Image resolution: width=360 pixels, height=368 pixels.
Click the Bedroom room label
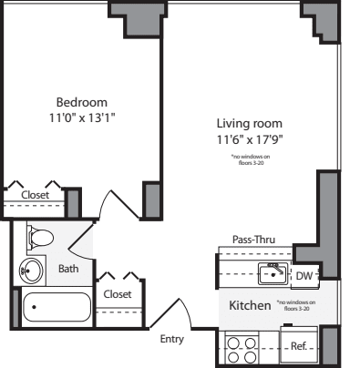click(x=82, y=101)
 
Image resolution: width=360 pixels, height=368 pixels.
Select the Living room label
click(x=249, y=123)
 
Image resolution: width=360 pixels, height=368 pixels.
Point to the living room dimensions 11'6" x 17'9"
click(x=249, y=139)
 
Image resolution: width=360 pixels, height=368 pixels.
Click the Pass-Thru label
click(x=253, y=240)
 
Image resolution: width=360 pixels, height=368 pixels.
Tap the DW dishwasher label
click(x=303, y=274)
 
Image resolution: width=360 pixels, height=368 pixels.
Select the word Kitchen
click(x=250, y=305)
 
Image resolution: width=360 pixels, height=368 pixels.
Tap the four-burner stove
click(x=241, y=349)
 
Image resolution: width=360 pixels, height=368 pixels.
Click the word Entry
click(x=172, y=339)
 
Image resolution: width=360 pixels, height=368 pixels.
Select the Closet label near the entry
click(x=118, y=293)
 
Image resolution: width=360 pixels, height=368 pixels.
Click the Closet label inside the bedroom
click(x=36, y=194)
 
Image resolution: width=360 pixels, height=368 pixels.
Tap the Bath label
click(x=68, y=269)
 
